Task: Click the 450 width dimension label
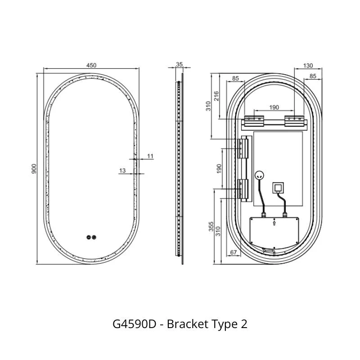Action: pyautogui.click(x=91, y=65)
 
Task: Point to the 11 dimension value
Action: pyautogui.click(x=150, y=156)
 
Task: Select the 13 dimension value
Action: pyautogui.click(x=123, y=170)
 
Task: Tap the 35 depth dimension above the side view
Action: pyautogui.click(x=179, y=64)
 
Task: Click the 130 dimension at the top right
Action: pyautogui.click(x=308, y=66)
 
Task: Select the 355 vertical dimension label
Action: pyautogui.click(x=211, y=226)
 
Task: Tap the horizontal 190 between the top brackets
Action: pyautogui.click(x=274, y=107)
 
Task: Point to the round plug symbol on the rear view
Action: pyautogui.click(x=259, y=176)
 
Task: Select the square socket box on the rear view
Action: pyautogui.click(x=278, y=187)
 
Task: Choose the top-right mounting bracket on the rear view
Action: pyautogui.click(x=295, y=121)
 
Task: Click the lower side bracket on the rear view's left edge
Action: pyautogui.click(x=244, y=189)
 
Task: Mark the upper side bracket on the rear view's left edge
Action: pyautogui.click(x=244, y=148)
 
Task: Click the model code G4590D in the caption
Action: pyautogui.click(x=135, y=324)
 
